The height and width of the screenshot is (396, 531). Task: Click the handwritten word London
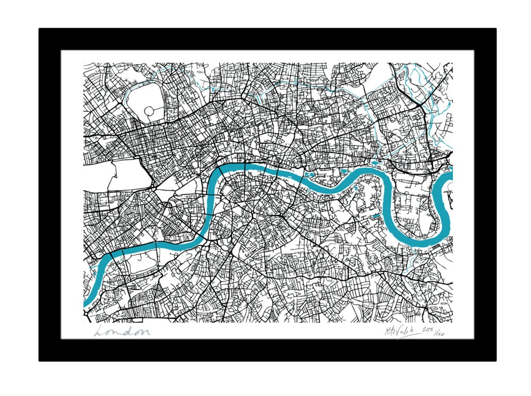(122, 332)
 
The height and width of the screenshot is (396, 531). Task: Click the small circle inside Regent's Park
(149, 111)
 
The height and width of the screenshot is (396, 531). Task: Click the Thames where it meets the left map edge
(86, 303)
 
